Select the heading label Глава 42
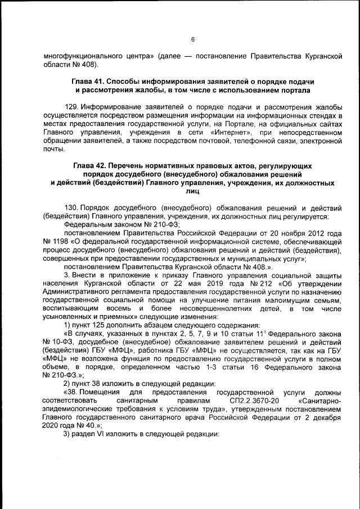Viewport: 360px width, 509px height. [91, 167]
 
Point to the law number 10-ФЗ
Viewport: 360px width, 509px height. [60, 341]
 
